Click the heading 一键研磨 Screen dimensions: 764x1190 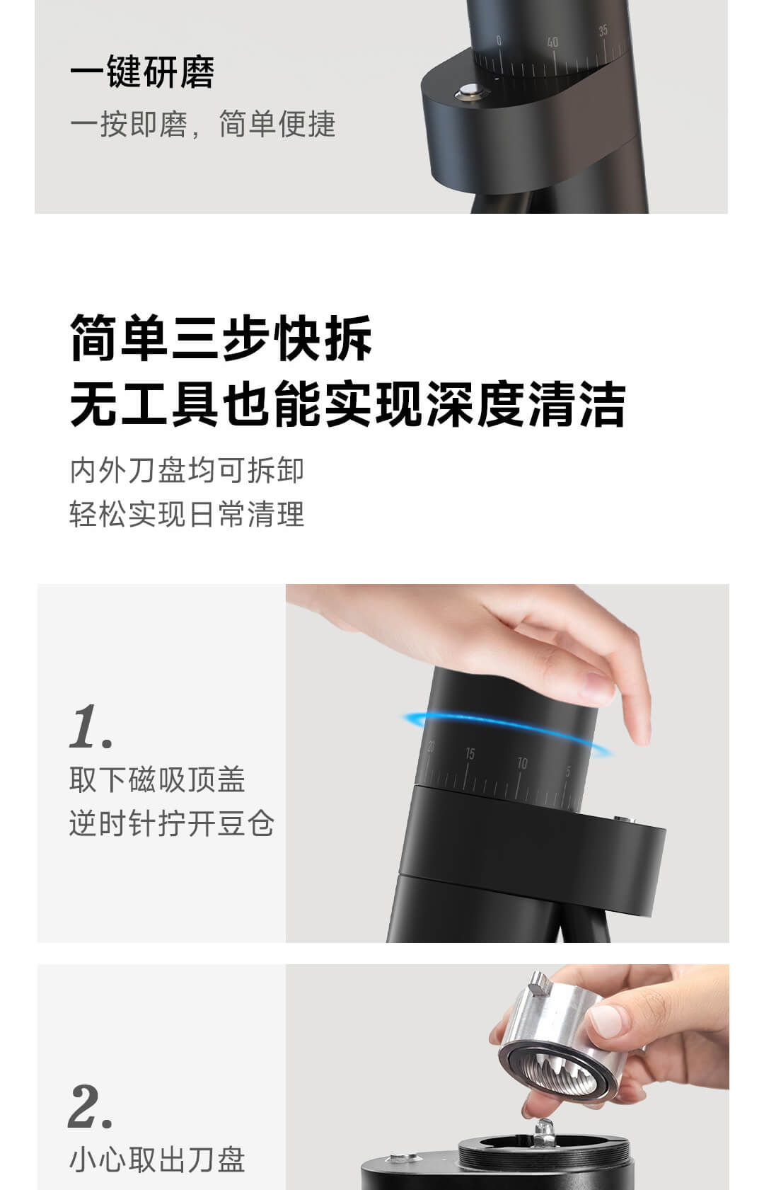tap(142, 71)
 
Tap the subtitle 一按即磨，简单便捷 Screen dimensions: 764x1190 tap(203, 125)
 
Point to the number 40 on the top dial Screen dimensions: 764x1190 tap(552, 42)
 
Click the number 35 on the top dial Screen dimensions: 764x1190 tap(603, 30)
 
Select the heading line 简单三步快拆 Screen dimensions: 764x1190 tap(221, 338)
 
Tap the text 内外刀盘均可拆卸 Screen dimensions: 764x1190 tap(187, 470)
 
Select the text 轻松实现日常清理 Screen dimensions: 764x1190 tap(187, 514)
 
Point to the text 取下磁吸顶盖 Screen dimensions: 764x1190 tap(157, 779)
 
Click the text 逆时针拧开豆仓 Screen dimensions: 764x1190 tap(171, 823)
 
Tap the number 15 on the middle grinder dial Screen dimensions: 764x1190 tap(470, 754)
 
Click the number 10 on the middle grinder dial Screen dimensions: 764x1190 tap(523, 763)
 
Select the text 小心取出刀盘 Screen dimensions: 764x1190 tap(157, 1160)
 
